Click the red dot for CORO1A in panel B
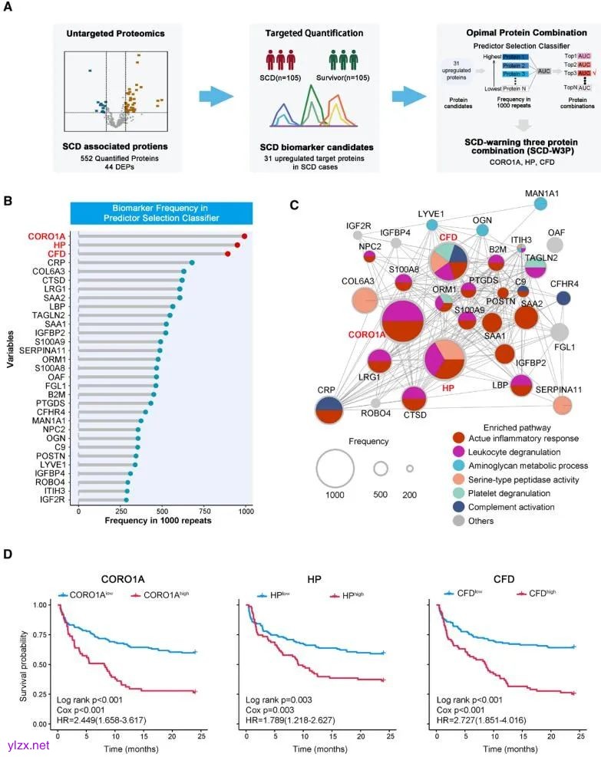244,236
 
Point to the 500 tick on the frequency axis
162,509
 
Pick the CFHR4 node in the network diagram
563,299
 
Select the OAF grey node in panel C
555,245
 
